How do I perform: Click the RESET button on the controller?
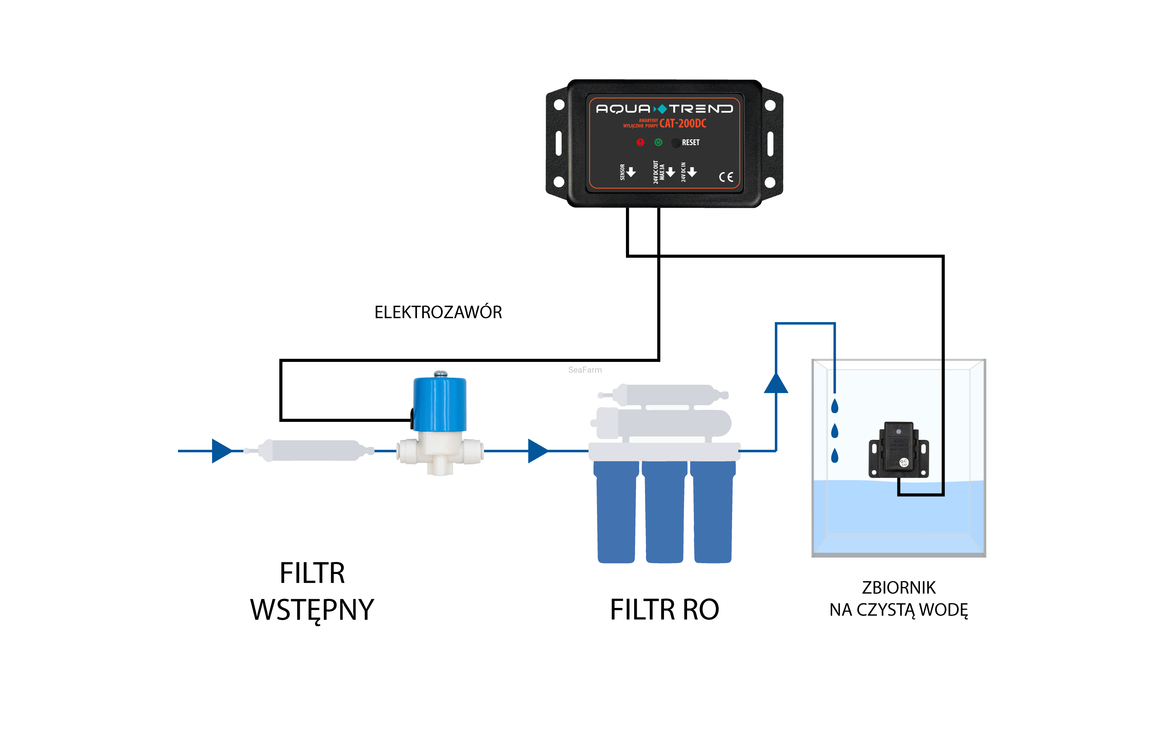[676, 142]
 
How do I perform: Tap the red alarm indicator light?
[640, 142]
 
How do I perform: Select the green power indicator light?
[658, 142]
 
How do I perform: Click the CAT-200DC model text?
[683, 123]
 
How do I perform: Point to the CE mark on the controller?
[726, 177]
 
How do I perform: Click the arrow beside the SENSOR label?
[631, 172]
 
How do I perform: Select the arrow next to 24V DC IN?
[692, 172]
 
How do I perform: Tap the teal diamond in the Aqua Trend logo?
[661, 109]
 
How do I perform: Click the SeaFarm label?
[585, 370]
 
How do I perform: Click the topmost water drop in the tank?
[835, 406]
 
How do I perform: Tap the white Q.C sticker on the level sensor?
[904, 462]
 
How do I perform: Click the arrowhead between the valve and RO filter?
[537, 451]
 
